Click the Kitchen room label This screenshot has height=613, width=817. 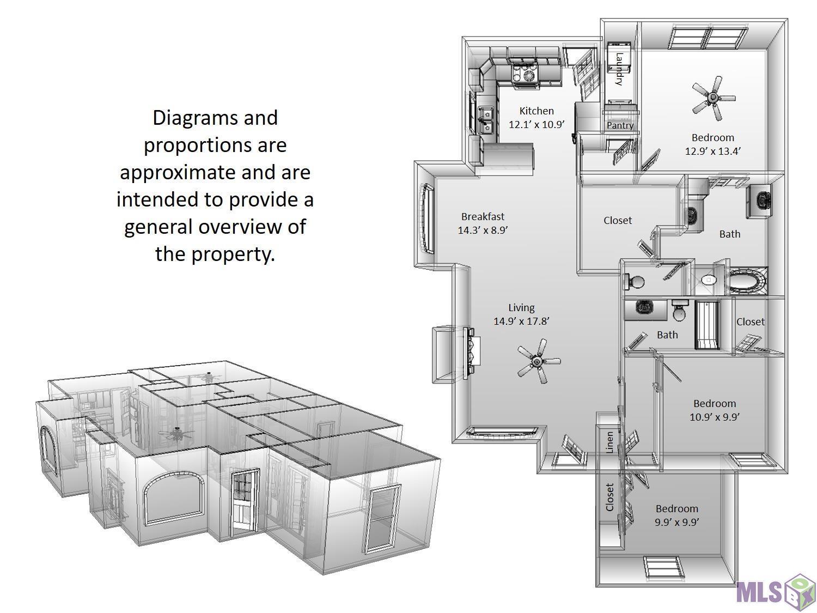coord(536,111)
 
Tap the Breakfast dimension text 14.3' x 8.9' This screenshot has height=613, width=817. coord(483,230)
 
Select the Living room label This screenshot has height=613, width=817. coord(521,308)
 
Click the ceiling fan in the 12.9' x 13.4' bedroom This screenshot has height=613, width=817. coord(714,98)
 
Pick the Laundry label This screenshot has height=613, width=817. coord(619,69)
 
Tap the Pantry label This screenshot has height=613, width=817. coord(620,125)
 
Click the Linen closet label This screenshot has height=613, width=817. coord(609,442)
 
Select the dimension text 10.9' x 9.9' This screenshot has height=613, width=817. coord(715,417)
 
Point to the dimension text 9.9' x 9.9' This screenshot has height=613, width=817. coord(676,522)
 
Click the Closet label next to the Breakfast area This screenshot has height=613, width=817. coord(618,221)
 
